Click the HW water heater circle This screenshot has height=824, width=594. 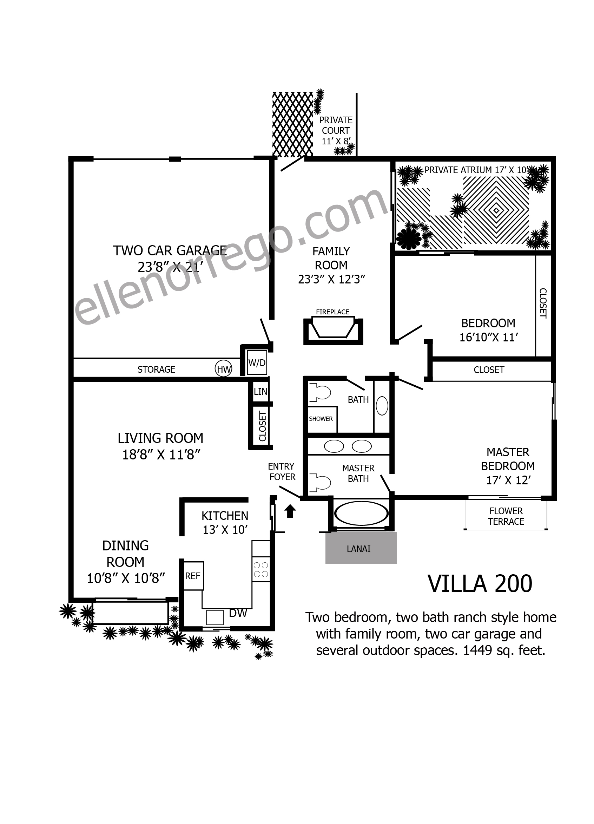click(x=223, y=369)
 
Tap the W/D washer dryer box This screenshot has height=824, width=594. click(x=257, y=362)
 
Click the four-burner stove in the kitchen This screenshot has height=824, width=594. click(x=261, y=569)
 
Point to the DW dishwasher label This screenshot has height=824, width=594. click(x=238, y=613)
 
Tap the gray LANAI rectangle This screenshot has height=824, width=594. click(x=361, y=548)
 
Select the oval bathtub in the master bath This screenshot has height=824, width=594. click(x=361, y=514)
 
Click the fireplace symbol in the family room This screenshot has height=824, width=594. click(x=333, y=327)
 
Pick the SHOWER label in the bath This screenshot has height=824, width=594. click(x=321, y=419)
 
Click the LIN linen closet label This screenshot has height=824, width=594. click(x=260, y=392)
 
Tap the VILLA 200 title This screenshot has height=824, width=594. click(x=480, y=584)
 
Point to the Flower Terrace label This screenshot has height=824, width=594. click(x=506, y=516)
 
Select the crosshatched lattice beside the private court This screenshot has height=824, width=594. click(x=293, y=124)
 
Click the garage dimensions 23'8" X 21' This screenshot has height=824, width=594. click(x=170, y=267)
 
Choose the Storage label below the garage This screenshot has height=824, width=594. click(x=156, y=370)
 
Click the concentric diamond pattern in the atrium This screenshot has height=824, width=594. click(x=496, y=210)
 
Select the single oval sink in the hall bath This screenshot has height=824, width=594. click(x=382, y=406)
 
